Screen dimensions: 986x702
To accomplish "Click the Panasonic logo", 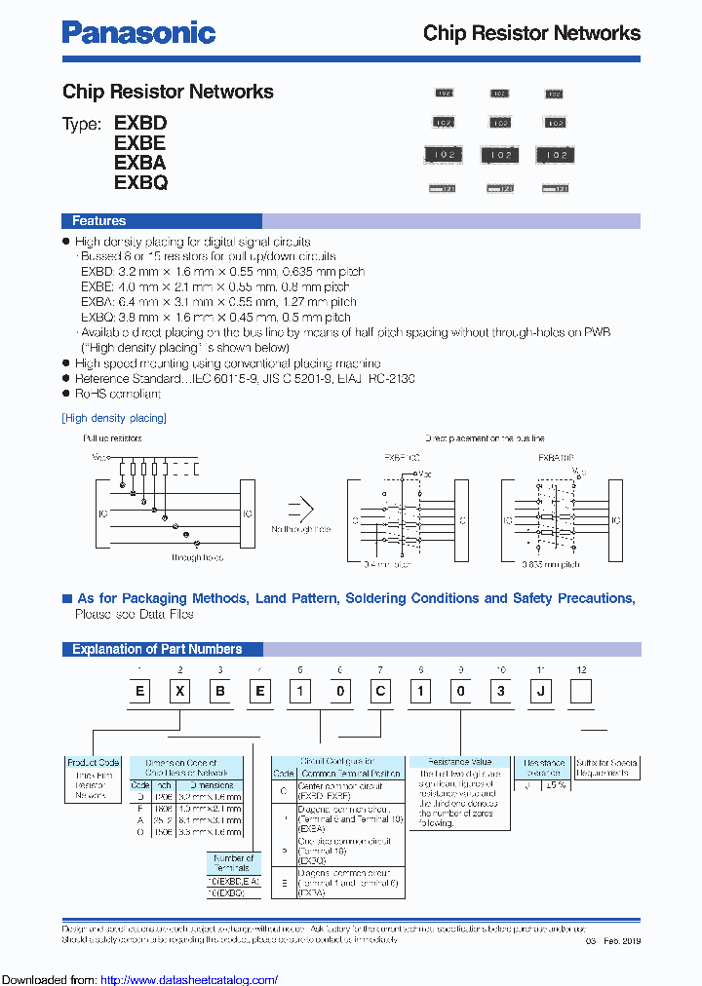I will click(138, 32).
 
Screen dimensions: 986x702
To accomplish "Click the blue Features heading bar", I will click(99, 221).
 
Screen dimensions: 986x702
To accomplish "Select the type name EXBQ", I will click(140, 182).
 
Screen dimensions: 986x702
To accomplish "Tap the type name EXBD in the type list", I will click(140, 124).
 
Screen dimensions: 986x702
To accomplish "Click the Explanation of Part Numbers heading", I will click(157, 649).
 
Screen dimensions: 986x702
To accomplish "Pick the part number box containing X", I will click(179, 693).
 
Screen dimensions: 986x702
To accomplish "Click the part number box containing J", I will click(541, 693).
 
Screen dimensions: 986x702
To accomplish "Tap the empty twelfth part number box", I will click(581, 693).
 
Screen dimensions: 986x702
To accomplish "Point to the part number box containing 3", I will click(501, 693).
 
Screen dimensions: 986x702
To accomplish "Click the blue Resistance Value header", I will click(461, 762).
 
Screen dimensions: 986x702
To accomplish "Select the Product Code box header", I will click(94, 762).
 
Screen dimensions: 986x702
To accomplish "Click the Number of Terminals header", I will click(233, 862).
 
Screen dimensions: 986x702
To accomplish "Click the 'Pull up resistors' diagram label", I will click(113, 439).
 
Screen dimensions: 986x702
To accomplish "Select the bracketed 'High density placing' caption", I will click(114, 418).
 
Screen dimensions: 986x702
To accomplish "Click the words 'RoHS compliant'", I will click(118, 394).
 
